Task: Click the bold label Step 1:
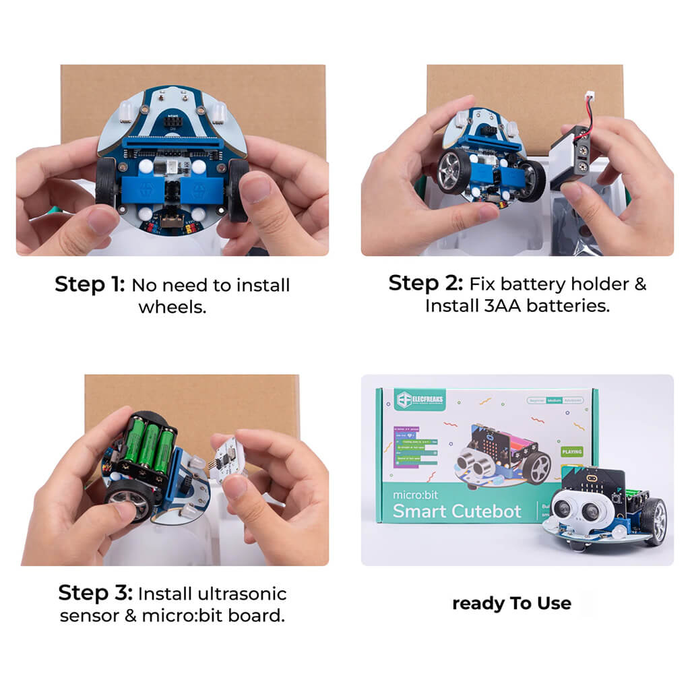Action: click(90, 285)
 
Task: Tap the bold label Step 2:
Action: click(425, 284)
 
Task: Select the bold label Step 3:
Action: click(95, 594)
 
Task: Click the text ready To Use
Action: click(511, 603)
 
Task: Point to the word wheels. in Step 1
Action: click(172, 307)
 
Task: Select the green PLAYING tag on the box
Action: click(571, 451)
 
